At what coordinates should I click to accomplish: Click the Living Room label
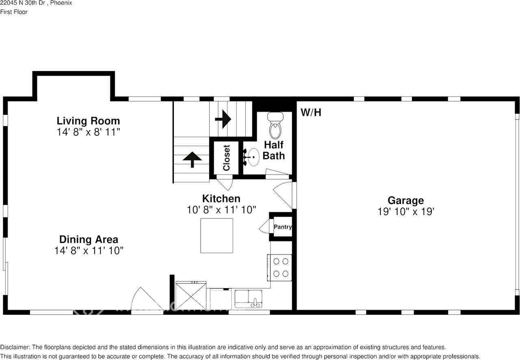pos(88,121)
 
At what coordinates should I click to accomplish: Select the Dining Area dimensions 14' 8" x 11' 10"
pos(89,251)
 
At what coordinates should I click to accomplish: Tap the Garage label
pos(405,200)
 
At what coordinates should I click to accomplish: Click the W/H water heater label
pos(311,112)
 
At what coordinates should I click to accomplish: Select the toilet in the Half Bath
pos(275,126)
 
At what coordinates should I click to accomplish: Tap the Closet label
pos(226,157)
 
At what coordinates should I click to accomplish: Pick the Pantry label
pos(282,227)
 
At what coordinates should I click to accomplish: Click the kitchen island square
pos(217,236)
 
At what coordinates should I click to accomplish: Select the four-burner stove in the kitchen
pos(279,267)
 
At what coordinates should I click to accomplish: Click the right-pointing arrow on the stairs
pos(223,119)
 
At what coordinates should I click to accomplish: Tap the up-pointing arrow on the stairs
pos(192,159)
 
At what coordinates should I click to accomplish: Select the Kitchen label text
pos(221,198)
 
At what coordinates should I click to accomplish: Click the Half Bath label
pos(274,150)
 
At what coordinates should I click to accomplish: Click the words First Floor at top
pos(14,12)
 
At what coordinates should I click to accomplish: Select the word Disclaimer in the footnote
pos(15,347)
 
